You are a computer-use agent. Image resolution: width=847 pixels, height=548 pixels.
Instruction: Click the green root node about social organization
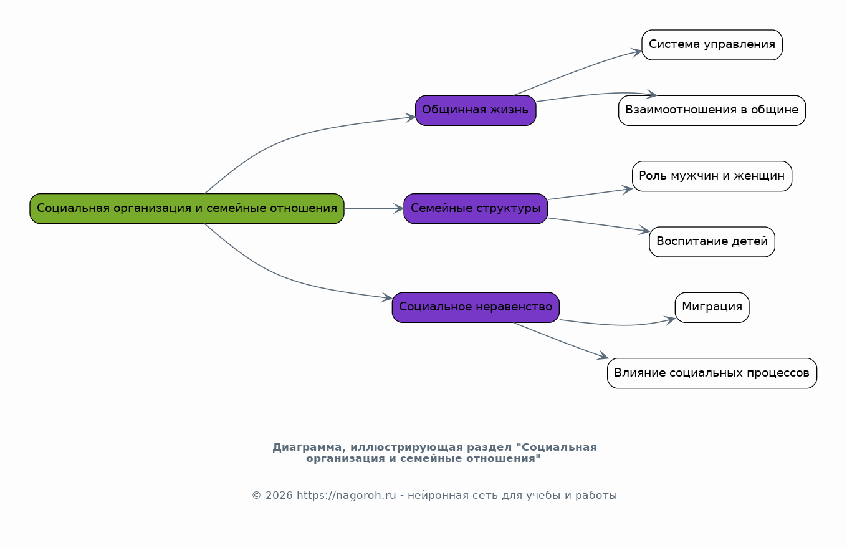click(x=187, y=208)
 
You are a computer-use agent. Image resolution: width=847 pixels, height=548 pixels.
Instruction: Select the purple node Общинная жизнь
click(x=476, y=110)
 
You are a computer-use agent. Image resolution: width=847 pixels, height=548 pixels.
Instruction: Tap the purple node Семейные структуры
click(x=476, y=208)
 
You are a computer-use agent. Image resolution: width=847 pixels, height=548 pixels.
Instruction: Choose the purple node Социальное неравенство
click(x=476, y=307)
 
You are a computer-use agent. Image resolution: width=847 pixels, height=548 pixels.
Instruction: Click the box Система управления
click(x=712, y=45)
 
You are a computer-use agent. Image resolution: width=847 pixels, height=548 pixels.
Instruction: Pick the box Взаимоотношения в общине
click(x=712, y=110)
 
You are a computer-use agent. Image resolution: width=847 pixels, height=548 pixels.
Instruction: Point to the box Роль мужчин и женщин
click(x=712, y=176)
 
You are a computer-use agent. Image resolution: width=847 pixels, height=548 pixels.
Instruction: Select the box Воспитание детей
click(x=712, y=242)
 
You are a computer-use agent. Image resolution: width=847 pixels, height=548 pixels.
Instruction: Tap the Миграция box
click(x=712, y=307)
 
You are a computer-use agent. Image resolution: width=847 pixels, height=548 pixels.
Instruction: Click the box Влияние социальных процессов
click(x=712, y=373)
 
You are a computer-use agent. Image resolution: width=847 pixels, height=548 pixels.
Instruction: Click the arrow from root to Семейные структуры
click(x=374, y=208)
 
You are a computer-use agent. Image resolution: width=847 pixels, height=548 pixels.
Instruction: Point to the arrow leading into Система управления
click(x=580, y=70)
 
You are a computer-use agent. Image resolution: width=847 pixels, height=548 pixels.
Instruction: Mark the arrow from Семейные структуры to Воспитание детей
click(x=598, y=224)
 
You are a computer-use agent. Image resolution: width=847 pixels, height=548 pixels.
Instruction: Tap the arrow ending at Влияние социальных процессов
click(x=561, y=340)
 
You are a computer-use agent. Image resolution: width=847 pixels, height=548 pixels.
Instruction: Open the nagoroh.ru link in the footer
click(x=346, y=496)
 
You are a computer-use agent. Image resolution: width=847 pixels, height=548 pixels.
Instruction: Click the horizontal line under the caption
click(x=434, y=476)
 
